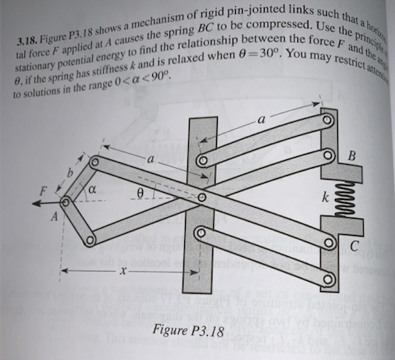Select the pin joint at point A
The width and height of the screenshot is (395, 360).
tap(66, 202)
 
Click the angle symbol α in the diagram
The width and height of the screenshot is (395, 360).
tap(91, 188)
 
